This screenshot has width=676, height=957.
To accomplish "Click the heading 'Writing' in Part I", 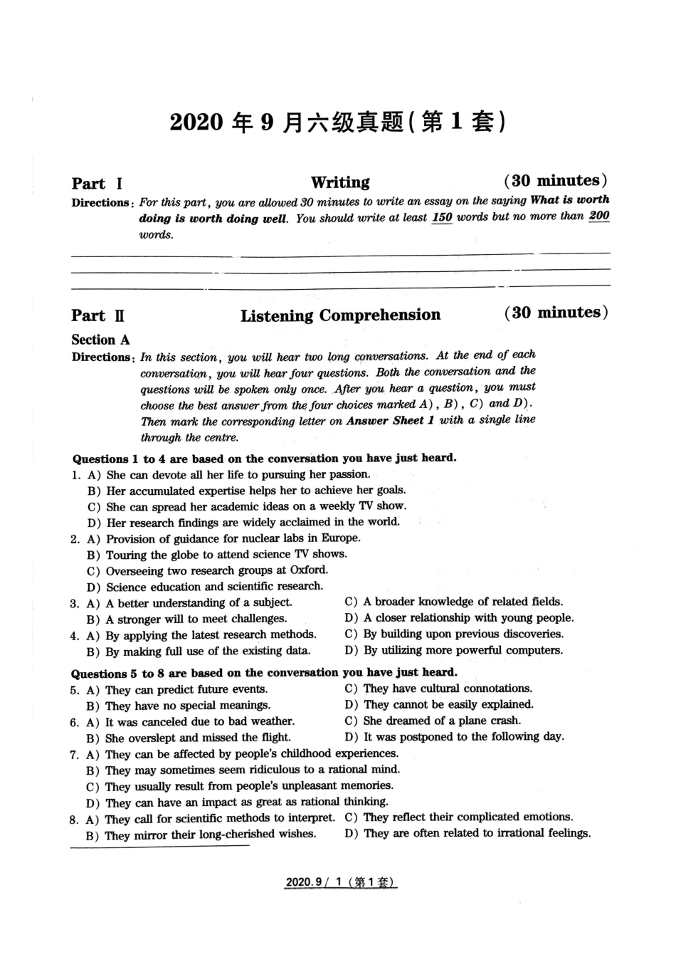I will pyautogui.click(x=340, y=182).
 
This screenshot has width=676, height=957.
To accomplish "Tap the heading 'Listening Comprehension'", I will pyautogui.click(x=340, y=315).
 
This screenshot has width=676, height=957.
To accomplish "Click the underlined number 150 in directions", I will pyautogui.click(x=442, y=218).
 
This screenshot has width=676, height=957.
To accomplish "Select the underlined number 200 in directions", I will pyautogui.click(x=599, y=216).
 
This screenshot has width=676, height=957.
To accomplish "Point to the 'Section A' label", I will pyautogui.click(x=100, y=340).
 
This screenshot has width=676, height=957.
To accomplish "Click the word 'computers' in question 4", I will pyautogui.click(x=534, y=650).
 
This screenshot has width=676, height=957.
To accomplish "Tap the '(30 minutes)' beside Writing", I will pyautogui.click(x=556, y=181).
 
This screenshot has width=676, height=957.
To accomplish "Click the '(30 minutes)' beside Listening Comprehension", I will pyautogui.click(x=556, y=313).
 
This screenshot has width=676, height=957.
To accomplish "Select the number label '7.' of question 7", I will pyautogui.click(x=74, y=754).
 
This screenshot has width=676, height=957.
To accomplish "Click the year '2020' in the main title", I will pyautogui.click(x=196, y=122).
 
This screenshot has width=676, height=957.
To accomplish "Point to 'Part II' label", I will pyautogui.click(x=98, y=315).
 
